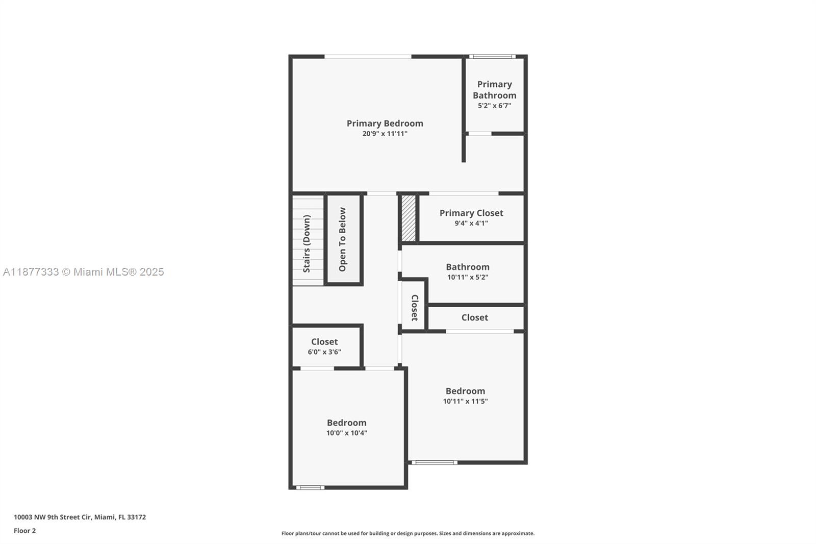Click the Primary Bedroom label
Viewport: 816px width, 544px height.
point(385,123)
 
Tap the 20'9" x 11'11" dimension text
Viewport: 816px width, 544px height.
point(385,134)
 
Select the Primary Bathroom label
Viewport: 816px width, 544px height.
point(494,90)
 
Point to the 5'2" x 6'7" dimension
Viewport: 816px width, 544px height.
point(494,106)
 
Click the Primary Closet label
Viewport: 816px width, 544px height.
point(471,213)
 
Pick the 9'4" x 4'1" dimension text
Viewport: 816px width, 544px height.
point(471,223)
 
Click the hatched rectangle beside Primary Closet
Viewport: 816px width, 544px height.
point(409,218)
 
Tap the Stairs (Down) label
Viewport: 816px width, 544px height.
point(307,243)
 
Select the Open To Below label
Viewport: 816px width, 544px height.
point(342,239)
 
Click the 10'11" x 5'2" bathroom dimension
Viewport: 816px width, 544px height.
point(467,277)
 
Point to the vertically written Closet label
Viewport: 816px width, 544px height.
point(415,308)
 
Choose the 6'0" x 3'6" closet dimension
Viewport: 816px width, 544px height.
point(324,352)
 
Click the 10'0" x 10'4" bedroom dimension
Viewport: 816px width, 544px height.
point(346,433)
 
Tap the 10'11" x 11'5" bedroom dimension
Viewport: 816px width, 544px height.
point(465,401)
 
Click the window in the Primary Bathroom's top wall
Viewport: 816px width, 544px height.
point(492,57)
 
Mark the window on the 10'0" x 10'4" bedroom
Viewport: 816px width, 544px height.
point(310,487)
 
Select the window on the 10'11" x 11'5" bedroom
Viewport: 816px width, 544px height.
point(435,462)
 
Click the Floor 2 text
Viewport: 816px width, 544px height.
point(25,531)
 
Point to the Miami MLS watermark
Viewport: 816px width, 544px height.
point(84,271)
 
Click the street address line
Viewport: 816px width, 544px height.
point(80,517)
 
